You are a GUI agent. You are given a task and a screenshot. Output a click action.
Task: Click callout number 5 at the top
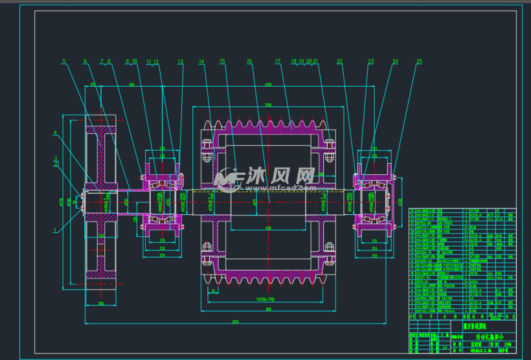pyautogui.click(x=64, y=62)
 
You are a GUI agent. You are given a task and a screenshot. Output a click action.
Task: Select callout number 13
pyautogui.click(x=181, y=62)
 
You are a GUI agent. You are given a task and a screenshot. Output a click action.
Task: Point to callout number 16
pyautogui.click(x=249, y=62)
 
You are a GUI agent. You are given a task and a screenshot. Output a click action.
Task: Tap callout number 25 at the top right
pyautogui.click(x=419, y=62)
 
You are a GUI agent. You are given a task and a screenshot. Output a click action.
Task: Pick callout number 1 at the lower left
pyautogui.click(x=56, y=230)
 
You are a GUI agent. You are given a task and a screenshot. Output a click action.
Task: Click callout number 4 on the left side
pyautogui.click(x=56, y=133)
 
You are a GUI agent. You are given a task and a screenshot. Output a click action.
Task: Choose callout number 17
pyautogui.click(x=277, y=62)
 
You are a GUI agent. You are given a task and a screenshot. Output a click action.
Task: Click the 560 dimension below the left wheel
pyautogui.click(x=100, y=304)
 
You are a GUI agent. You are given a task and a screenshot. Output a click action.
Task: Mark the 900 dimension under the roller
pyautogui.click(x=267, y=309)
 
